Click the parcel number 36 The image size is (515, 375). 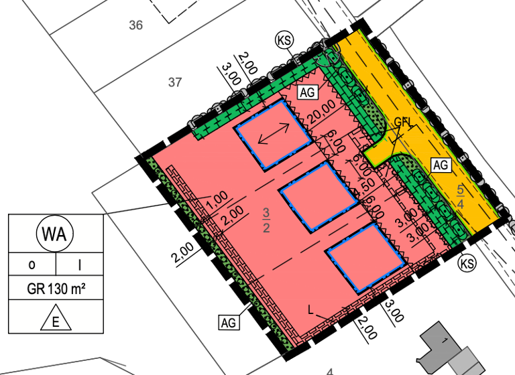click(x=136, y=25)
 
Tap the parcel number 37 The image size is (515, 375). click(x=175, y=82)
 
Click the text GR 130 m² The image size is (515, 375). click(x=56, y=290)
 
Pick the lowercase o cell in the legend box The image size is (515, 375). click(x=32, y=265)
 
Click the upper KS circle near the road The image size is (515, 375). click(x=284, y=40)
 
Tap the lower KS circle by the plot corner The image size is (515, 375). click(x=467, y=264)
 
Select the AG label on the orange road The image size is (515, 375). click(x=441, y=164)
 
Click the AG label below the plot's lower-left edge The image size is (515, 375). click(x=229, y=323)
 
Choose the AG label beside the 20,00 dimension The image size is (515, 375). click(x=308, y=92)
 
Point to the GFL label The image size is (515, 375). click(x=403, y=122)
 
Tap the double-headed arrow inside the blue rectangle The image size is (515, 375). click(x=274, y=136)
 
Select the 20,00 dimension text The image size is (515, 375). click(x=322, y=114)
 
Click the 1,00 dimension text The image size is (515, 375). click(x=217, y=200)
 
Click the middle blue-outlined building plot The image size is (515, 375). click(x=319, y=197)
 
